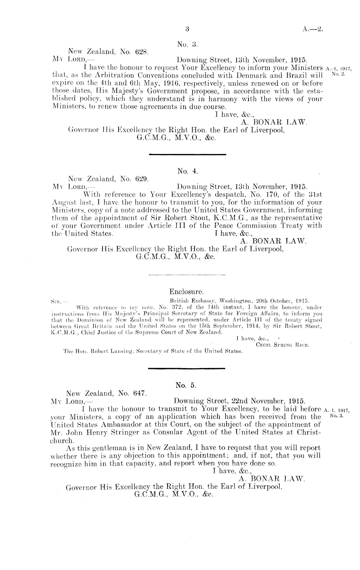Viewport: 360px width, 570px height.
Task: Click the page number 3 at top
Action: coord(187,29)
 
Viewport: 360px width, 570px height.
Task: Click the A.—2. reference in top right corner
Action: coord(313,29)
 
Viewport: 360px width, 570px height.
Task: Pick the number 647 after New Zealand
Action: coord(140,394)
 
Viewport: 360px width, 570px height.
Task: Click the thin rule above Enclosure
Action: coord(187,275)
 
